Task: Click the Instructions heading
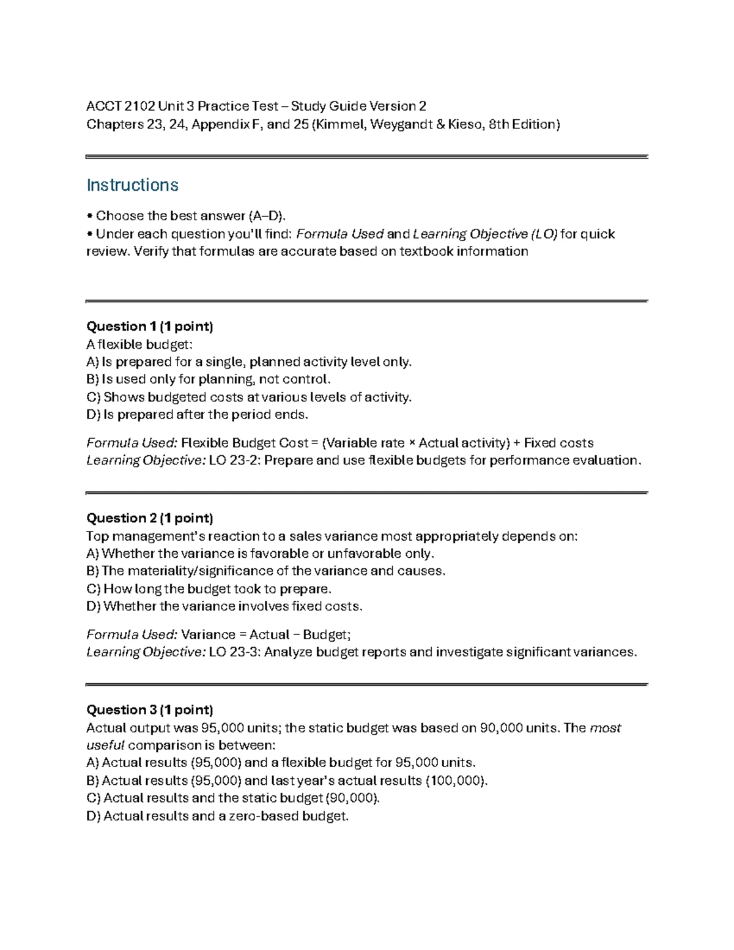click(x=132, y=185)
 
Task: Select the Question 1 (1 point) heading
click(x=149, y=326)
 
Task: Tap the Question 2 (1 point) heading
click(x=149, y=518)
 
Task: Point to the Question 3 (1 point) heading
click(x=149, y=710)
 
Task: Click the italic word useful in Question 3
click(x=105, y=745)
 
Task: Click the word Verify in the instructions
click(x=150, y=251)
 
